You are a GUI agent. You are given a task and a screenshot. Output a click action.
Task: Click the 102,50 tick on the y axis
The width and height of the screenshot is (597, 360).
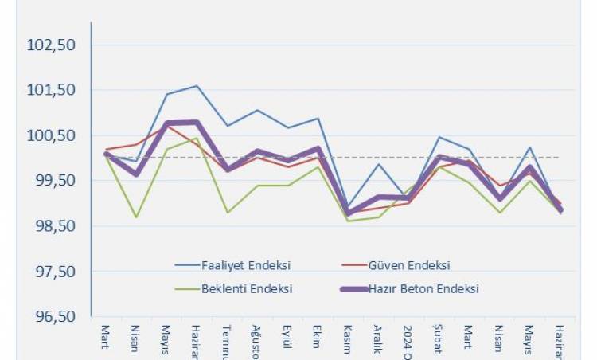(51, 45)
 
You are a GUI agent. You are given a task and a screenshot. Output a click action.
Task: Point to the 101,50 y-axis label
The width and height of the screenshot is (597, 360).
(51, 90)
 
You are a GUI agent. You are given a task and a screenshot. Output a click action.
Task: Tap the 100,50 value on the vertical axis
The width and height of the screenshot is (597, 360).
(51, 135)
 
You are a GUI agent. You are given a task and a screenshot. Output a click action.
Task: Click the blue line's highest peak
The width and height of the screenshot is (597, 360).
(197, 85)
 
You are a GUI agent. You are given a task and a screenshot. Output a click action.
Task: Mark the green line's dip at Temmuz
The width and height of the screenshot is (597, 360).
(228, 213)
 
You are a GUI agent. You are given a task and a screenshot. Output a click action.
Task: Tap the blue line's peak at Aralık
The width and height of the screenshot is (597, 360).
(378, 164)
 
